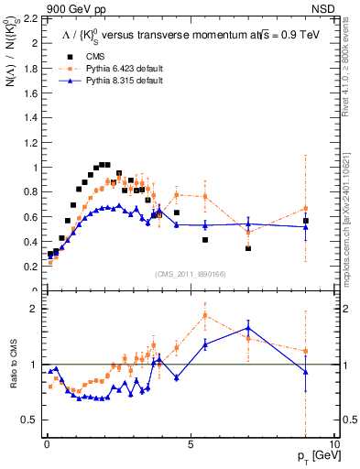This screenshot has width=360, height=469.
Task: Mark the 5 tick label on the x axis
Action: click(190, 442)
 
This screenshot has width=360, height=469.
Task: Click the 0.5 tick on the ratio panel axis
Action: click(33, 420)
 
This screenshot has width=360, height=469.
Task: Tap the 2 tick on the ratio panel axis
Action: click(36, 309)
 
